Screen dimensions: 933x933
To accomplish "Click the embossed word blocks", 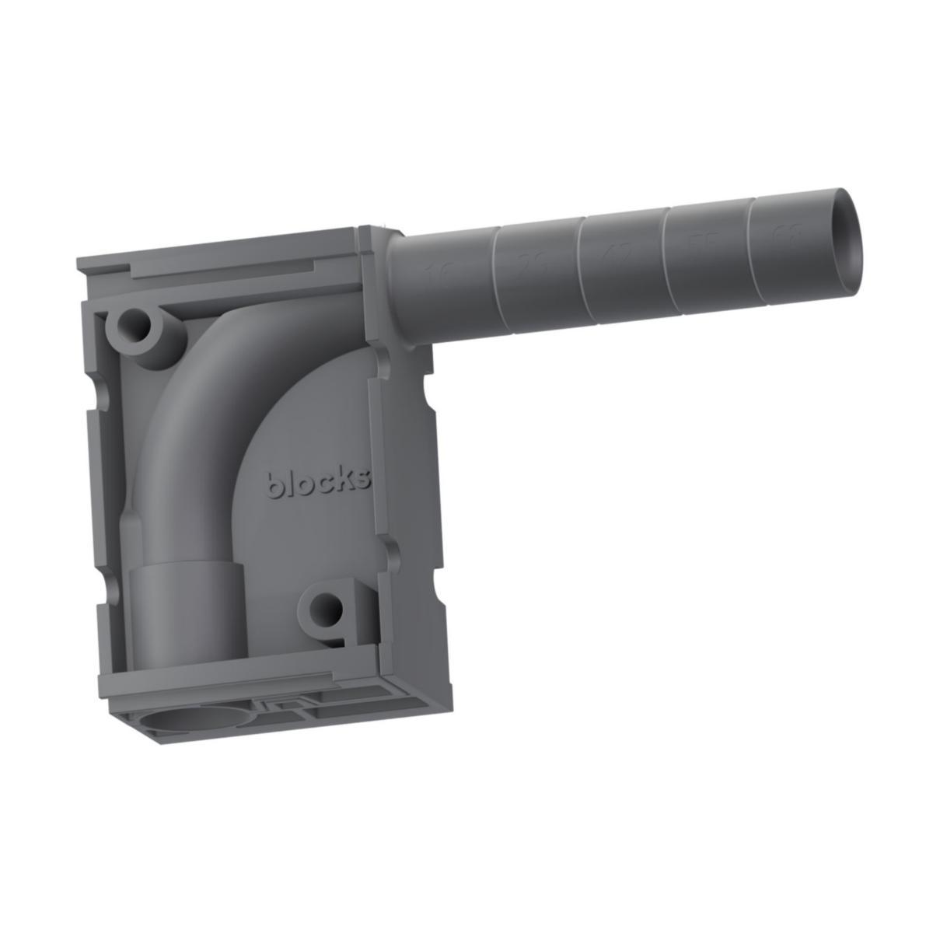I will [319, 482].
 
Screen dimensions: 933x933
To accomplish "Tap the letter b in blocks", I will [274, 484].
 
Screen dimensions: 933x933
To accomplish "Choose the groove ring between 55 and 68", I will [750, 245].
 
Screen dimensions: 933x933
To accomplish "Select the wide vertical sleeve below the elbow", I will [185, 606].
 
